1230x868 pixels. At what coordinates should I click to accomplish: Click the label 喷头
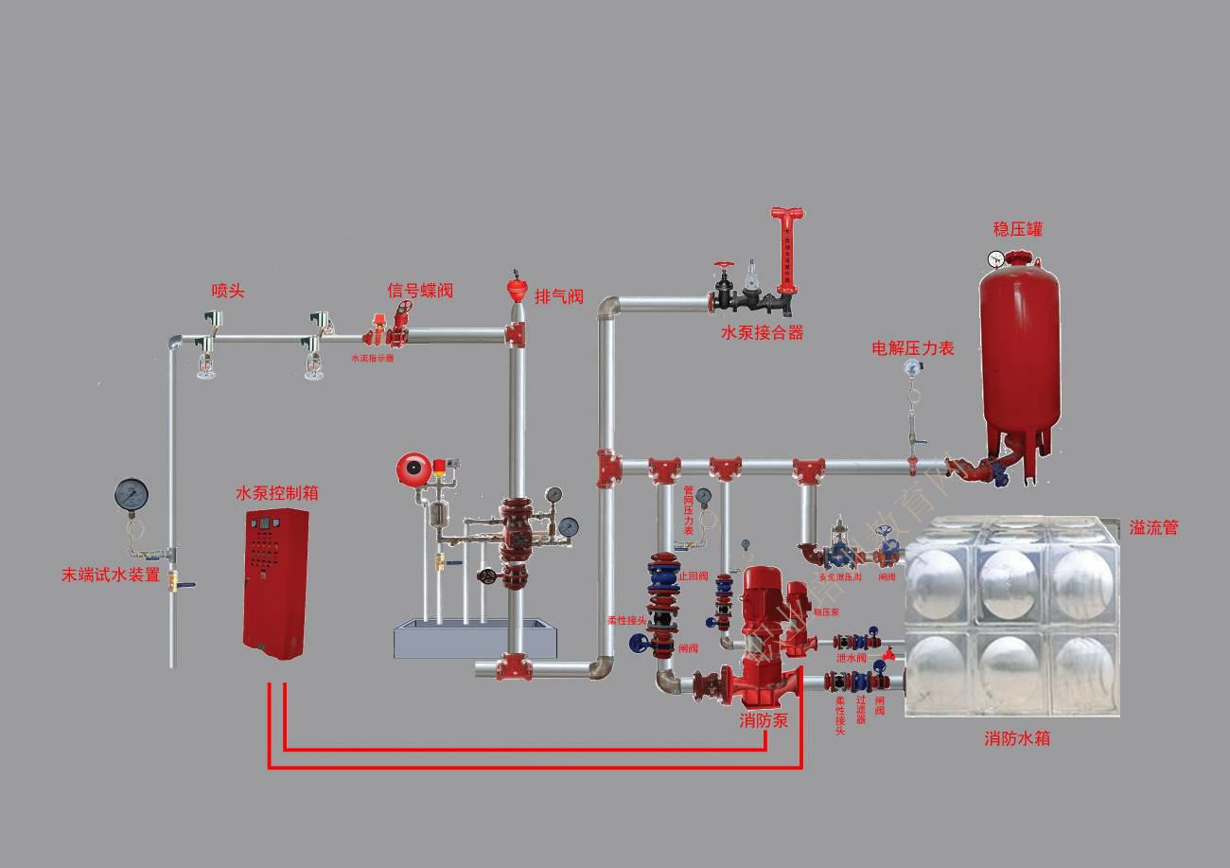228,292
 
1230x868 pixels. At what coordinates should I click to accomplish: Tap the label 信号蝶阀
419,291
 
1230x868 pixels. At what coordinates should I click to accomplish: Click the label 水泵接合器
762,332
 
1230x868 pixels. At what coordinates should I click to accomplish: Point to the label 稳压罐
1018,229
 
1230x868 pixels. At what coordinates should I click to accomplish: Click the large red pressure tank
1018,350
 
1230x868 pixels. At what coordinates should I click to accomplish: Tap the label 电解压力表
912,348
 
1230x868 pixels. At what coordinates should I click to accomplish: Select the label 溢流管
1153,528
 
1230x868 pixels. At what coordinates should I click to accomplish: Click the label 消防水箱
1017,738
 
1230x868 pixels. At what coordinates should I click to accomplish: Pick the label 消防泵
764,720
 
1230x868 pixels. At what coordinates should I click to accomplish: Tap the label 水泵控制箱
276,493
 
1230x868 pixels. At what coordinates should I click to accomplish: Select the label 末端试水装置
111,575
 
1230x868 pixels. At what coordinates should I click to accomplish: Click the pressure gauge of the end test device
132,493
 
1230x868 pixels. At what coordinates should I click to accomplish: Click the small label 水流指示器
372,359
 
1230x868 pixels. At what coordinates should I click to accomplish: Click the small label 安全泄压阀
840,576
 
